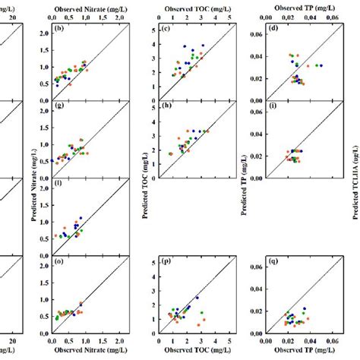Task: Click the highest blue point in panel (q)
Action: click(305, 309)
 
